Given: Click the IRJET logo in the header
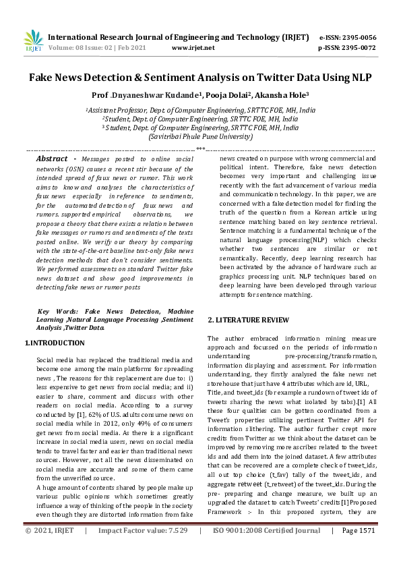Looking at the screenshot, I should coord(32,40).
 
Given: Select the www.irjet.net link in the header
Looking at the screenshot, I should coord(193,48).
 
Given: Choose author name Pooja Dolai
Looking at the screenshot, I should coord(210,95).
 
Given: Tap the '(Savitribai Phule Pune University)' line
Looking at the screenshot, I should coord(200,136).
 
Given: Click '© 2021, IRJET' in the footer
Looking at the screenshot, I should coord(49,550).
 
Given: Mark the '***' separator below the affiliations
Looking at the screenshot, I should coord(200,148).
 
